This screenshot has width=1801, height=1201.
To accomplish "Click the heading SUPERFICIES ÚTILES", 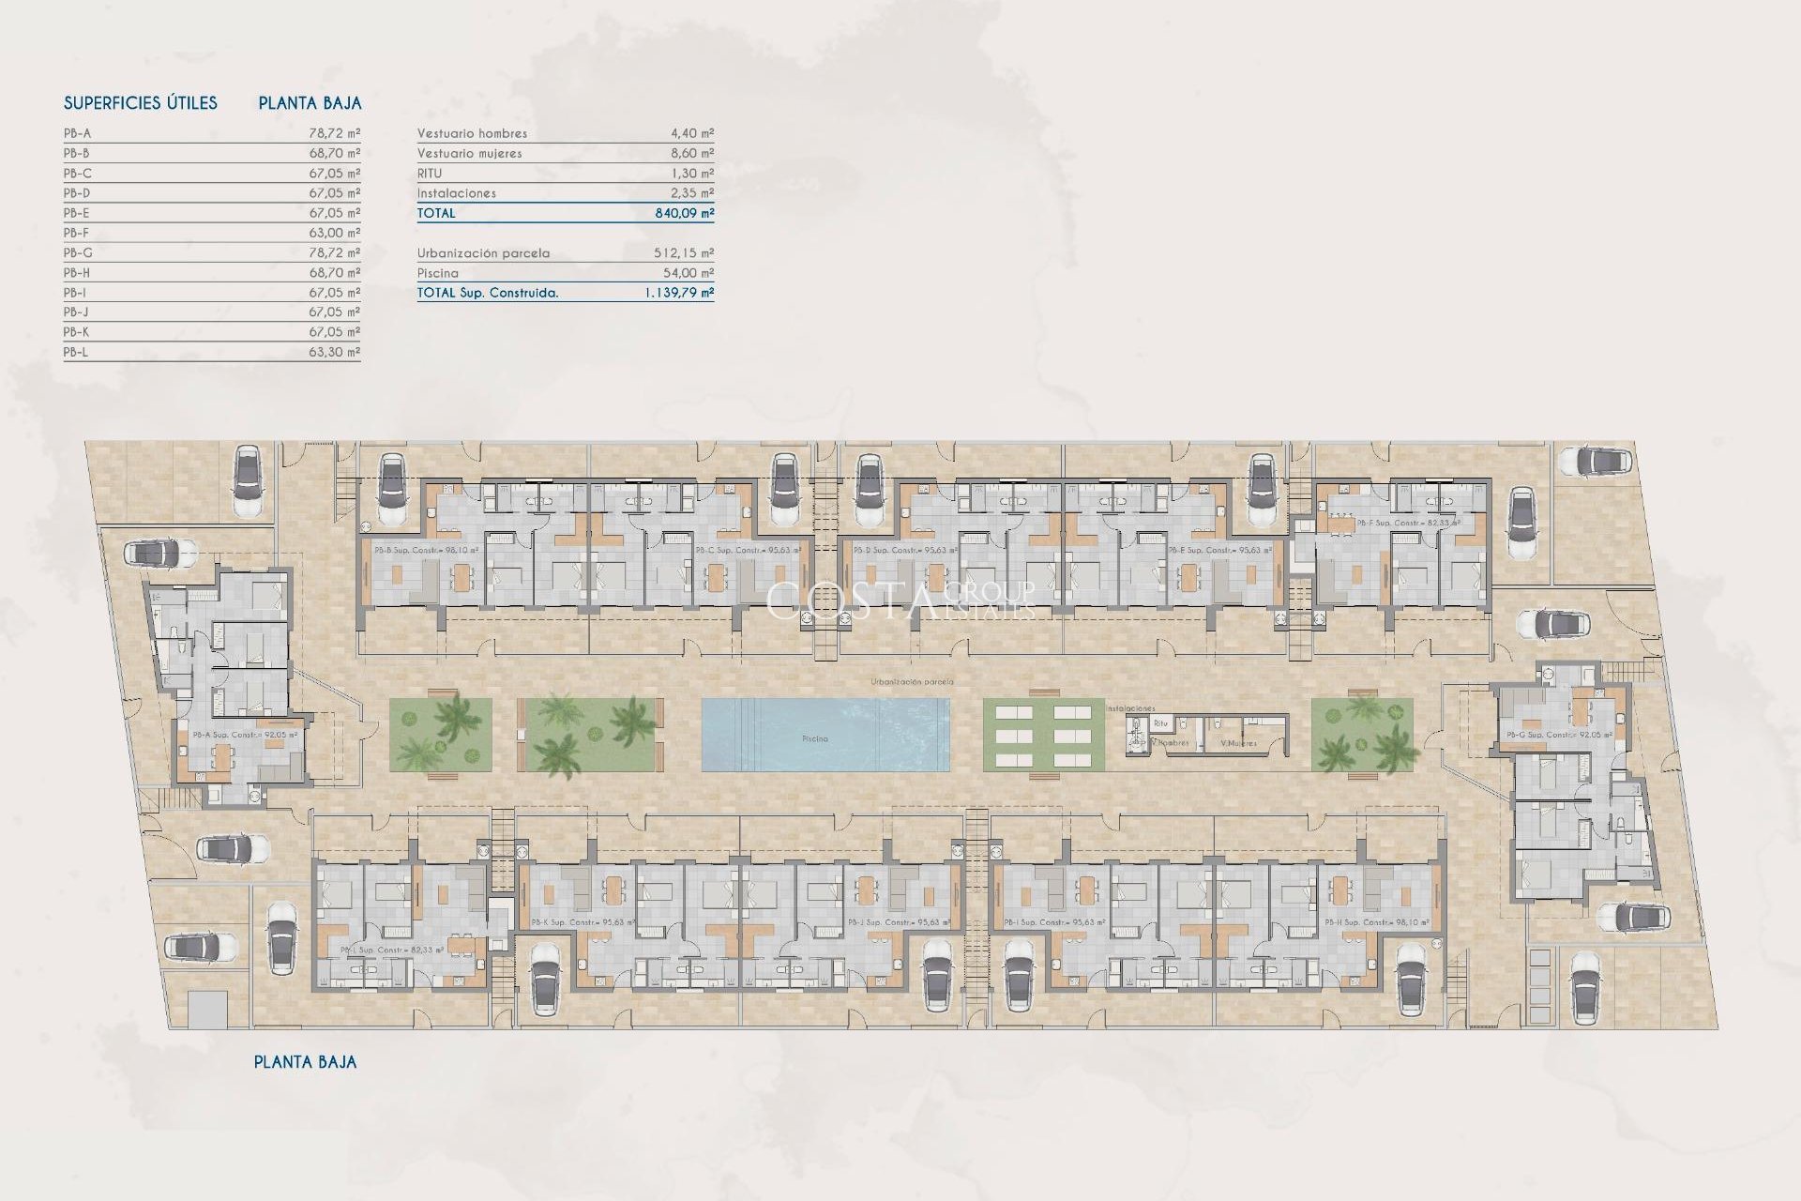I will [x=140, y=103].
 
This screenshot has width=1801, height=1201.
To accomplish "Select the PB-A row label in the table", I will [x=77, y=133].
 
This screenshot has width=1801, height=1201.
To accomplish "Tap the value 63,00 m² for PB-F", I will [x=334, y=233].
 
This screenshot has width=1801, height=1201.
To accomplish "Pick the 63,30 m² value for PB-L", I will [x=334, y=353].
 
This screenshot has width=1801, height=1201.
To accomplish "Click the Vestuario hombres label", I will [x=472, y=133].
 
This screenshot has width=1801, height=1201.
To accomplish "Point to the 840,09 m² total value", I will [x=684, y=213].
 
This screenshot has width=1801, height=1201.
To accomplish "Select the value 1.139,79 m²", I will [x=678, y=293].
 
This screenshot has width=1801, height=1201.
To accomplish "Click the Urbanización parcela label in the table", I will [x=483, y=253].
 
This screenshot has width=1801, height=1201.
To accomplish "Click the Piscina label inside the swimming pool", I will [x=814, y=739].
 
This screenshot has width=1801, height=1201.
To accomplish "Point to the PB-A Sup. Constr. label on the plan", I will [x=245, y=735].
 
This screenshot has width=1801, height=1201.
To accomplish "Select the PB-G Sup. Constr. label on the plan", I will [x=1558, y=735].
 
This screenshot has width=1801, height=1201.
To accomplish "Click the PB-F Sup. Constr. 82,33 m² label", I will [x=1408, y=523].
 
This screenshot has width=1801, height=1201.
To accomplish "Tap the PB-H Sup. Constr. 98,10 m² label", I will [x=1376, y=923].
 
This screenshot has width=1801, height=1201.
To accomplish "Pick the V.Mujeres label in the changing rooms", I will [x=1238, y=743].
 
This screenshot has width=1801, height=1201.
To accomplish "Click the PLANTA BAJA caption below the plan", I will [x=305, y=1062].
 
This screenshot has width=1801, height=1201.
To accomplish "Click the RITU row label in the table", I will [x=429, y=174].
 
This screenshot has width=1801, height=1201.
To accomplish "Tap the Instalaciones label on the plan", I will [x=1130, y=708].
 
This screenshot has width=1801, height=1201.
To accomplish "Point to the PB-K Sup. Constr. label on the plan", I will [x=583, y=923].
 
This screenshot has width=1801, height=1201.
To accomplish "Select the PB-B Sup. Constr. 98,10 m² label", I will [x=426, y=551].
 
